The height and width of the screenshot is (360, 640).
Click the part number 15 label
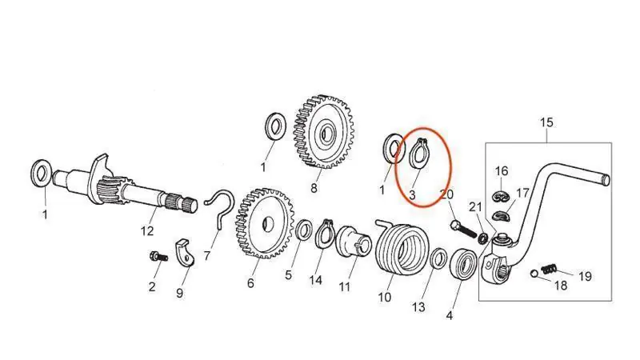pyautogui.click(x=546, y=122)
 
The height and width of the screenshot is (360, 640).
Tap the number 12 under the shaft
pyautogui.click(x=147, y=232)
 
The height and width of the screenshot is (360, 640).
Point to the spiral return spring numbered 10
pyautogui.click(x=398, y=250)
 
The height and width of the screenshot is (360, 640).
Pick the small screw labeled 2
pyautogui.click(x=155, y=257)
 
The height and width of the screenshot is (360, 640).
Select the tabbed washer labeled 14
pyautogui.click(x=324, y=234)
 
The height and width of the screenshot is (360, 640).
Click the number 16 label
pyautogui.click(x=501, y=171)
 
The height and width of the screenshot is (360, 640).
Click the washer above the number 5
pyautogui.click(x=305, y=231)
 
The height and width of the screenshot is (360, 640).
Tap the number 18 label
pyautogui.click(x=561, y=286)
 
